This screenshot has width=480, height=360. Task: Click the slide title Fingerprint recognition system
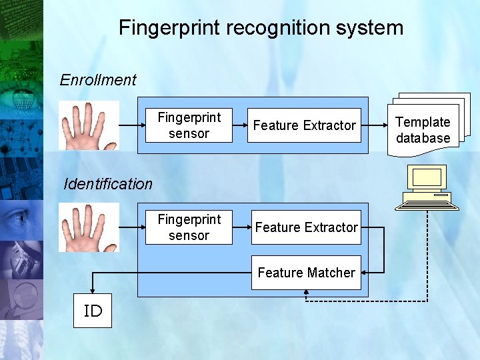(261, 28)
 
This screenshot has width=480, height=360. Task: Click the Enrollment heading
(98, 80)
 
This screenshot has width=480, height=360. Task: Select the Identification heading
(108, 184)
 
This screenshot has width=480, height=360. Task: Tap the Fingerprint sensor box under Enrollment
(189, 125)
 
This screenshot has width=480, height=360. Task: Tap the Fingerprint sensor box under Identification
(189, 227)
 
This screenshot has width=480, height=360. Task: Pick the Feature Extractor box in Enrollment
(305, 125)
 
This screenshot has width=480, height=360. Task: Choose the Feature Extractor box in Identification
(306, 227)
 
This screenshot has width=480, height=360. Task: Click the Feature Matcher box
(306, 273)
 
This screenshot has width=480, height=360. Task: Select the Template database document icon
(427, 127)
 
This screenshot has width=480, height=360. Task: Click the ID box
(93, 311)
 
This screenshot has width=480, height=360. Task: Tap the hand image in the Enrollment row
(89, 125)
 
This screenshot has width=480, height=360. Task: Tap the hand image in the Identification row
(89, 227)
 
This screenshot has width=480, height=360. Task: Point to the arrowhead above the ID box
(93, 290)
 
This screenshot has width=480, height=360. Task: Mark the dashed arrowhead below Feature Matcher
(306, 293)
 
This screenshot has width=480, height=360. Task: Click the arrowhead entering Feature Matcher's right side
(365, 272)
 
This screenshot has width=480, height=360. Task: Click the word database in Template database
(423, 139)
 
